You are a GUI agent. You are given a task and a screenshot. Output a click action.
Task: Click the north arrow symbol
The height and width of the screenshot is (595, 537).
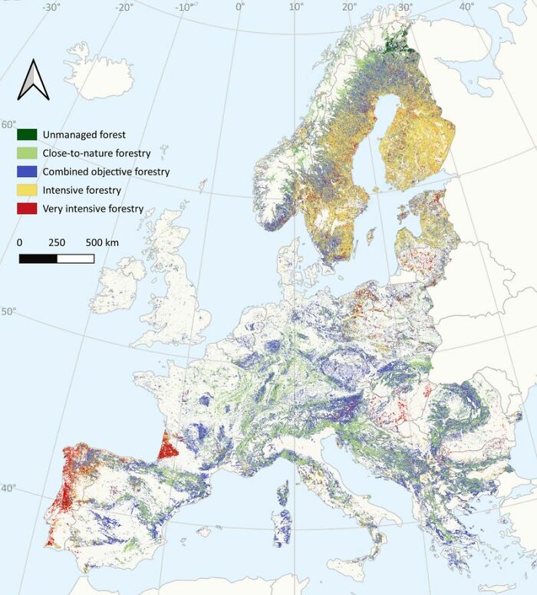33,79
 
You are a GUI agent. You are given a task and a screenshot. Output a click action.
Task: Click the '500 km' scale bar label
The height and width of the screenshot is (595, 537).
101,242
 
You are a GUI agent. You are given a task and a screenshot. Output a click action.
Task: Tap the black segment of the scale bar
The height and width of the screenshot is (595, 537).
38,258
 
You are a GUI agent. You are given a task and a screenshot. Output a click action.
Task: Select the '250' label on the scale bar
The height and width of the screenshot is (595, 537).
57,242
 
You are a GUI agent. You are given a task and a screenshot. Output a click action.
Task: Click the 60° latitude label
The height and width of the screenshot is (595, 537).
8,124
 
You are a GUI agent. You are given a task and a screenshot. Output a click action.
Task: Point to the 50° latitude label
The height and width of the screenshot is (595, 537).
8,312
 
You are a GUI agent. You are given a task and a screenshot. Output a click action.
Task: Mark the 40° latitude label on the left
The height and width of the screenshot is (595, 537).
8,488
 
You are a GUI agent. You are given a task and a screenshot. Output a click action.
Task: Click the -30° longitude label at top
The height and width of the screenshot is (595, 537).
51,7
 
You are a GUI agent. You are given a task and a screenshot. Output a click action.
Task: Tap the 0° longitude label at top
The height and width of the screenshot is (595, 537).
240,7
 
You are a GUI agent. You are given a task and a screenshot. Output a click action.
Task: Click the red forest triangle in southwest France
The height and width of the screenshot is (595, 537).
167,447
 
